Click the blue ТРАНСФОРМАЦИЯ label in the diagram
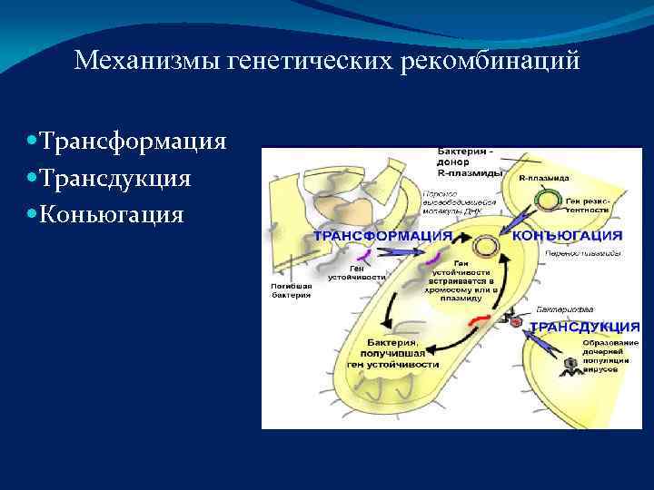tap(383, 235)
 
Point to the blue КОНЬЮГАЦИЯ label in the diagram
tap(567, 234)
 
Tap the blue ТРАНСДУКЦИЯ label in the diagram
tap(584, 326)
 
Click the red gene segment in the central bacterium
tap(479, 319)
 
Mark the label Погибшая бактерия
tap(291, 289)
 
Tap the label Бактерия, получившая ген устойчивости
tap(392, 353)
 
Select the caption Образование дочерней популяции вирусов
tap(610, 357)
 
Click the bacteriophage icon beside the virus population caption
tap(570, 365)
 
